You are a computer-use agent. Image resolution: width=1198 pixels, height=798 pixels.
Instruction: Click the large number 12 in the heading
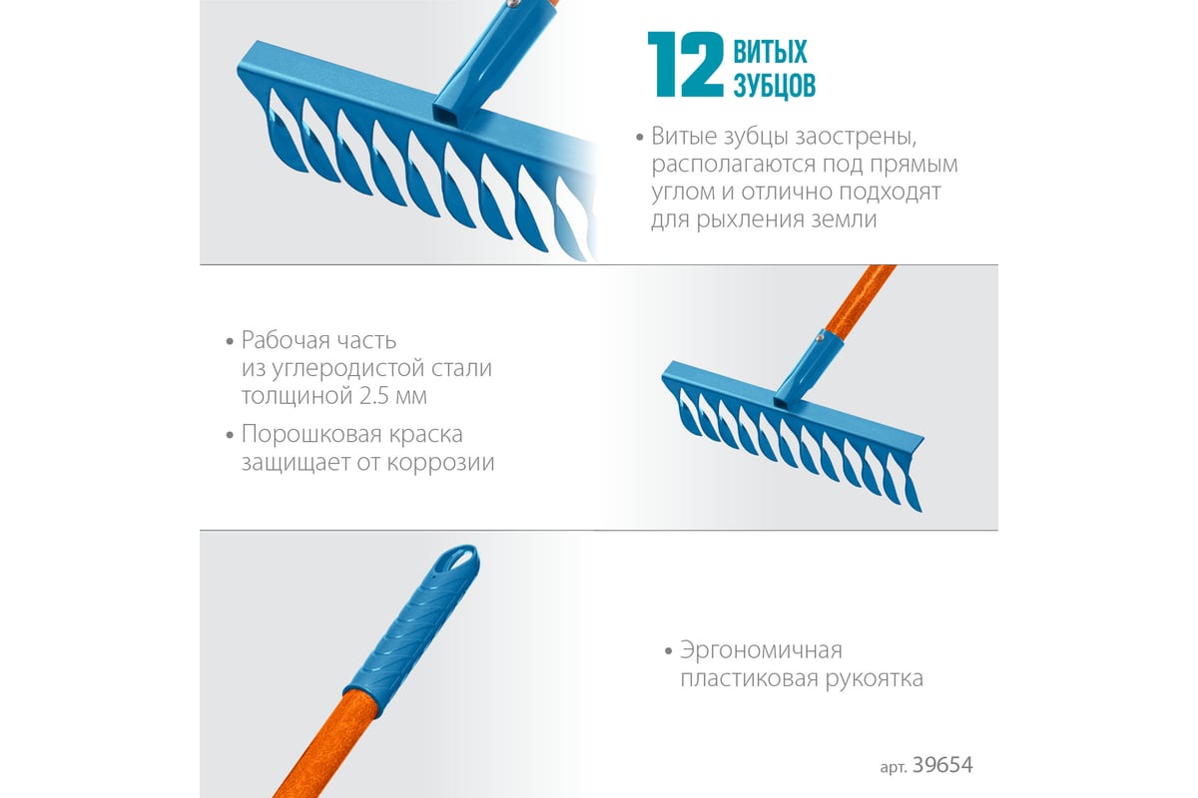(x=686, y=64)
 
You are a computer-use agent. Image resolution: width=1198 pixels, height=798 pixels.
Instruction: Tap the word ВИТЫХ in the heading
(x=770, y=51)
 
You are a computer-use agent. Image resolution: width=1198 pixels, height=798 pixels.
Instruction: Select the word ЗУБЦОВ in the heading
(x=775, y=85)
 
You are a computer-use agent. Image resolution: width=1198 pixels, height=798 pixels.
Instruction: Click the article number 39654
(x=942, y=765)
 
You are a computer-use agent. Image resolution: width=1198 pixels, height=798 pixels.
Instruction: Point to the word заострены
(x=856, y=137)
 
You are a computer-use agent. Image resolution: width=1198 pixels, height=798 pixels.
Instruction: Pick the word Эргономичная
(x=761, y=651)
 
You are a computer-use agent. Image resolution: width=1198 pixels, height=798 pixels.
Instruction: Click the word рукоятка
(x=875, y=679)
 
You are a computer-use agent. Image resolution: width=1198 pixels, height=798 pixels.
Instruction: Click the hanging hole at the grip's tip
(x=462, y=558)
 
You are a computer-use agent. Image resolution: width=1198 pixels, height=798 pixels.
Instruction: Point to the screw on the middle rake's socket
(x=819, y=338)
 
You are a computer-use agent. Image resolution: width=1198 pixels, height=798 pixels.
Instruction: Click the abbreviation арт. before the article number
(x=894, y=767)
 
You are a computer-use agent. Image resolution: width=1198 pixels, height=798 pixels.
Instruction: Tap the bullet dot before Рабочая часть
(x=230, y=341)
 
